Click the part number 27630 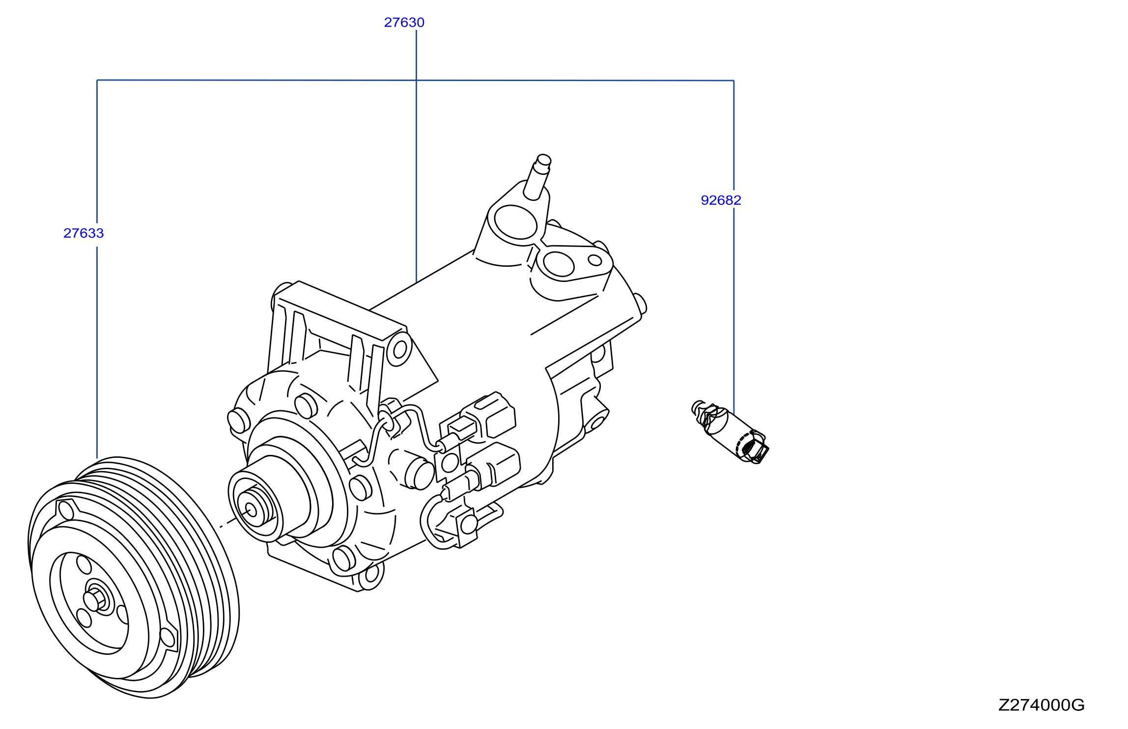coord(404,23)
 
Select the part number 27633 coord(84,233)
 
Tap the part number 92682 coord(721,200)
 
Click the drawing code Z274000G coord(1041,705)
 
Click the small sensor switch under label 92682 coord(730,432)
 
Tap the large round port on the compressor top coord(515,222)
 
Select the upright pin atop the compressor coord(537,177)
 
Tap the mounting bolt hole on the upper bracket coord(400,349)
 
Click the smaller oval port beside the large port coord(559,264)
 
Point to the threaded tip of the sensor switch coord(697,407)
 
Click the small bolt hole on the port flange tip coord(595,260)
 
